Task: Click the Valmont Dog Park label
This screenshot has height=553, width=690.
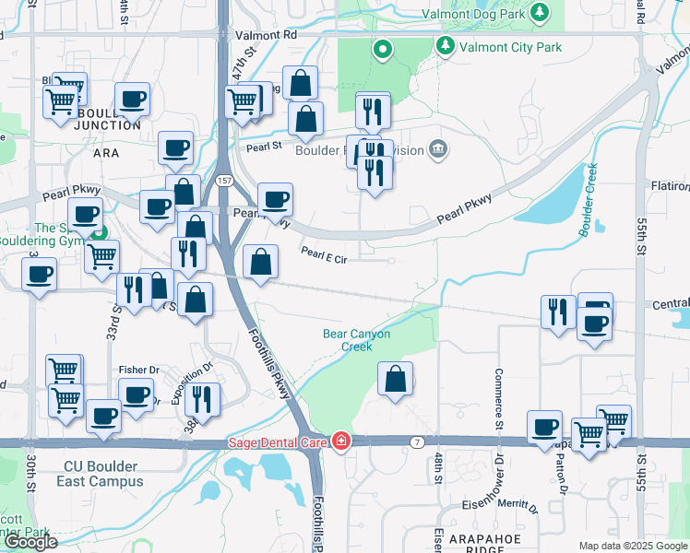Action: coord(472,15)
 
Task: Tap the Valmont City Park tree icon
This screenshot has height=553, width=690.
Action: coord(446,45)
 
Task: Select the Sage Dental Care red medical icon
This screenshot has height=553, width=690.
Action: coord(341,442)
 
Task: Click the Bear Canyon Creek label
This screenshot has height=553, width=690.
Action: coord(357,340)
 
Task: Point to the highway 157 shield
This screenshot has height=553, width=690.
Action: coord(224,182)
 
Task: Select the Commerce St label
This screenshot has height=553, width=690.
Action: coord(498,399)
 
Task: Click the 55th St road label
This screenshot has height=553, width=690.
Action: coord(641,243)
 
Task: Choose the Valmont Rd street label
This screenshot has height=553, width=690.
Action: coord(267,35)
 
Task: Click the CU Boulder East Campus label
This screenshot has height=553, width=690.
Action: coord(91,474)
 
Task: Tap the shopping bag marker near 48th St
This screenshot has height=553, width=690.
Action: coord(395,380)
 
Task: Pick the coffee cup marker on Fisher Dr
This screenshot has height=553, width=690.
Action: coord(137,396)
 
